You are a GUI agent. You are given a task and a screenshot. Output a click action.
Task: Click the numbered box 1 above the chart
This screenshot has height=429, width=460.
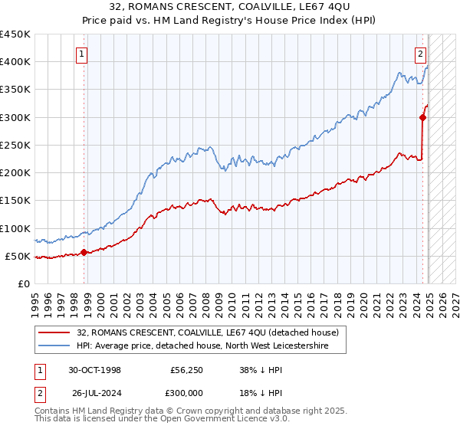click(x=81, y=54)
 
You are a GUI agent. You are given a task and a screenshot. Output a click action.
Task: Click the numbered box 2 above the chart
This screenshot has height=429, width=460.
click(x=421, y=54)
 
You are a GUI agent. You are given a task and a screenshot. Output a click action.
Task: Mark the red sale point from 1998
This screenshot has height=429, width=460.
click(x=84, y=252)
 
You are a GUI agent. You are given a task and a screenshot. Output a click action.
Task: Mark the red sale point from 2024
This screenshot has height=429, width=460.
click(x=422, y=117)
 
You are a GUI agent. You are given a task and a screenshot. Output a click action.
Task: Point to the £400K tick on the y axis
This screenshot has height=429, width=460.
click(x=15, y=62)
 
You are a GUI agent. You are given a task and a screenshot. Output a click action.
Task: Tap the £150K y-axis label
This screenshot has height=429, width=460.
click(x=15, y=200)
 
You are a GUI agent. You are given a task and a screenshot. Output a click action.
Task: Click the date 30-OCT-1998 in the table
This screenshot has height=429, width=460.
click(x=96, y=369)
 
